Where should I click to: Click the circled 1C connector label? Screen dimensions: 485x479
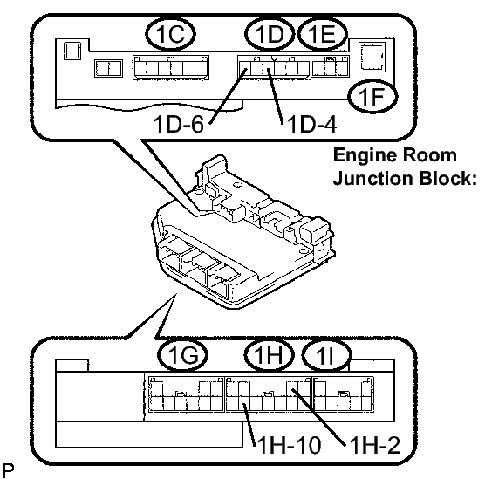click(x=170, y=33)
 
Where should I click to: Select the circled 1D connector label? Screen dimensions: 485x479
click(x=270, y=33)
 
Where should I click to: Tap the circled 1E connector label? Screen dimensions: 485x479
click(x=322, y=33)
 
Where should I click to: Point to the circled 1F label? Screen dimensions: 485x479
click(x=372, y=96)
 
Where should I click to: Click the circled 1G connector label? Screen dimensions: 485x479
click(x=183, y=355)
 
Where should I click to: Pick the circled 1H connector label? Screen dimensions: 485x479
click(x=269, y=355)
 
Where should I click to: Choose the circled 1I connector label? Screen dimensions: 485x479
click(x=326, y=355)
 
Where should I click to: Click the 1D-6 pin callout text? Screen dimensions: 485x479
click(x=179, y=124)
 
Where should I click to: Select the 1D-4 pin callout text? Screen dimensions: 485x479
click(x=311, y=124)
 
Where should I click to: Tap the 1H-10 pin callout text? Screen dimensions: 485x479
click(x=290, y=446)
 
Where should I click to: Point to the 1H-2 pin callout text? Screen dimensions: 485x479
click(x=375, y=446)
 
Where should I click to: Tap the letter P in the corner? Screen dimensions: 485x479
click(x=8, y=470)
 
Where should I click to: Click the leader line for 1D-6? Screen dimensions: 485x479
click(x=228, y=96)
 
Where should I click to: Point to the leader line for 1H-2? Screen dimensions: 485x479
click(x=318, y=417)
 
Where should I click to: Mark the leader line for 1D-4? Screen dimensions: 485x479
click(x=276, y=96)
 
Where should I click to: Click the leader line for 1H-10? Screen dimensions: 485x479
click(x=249, y=425)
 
